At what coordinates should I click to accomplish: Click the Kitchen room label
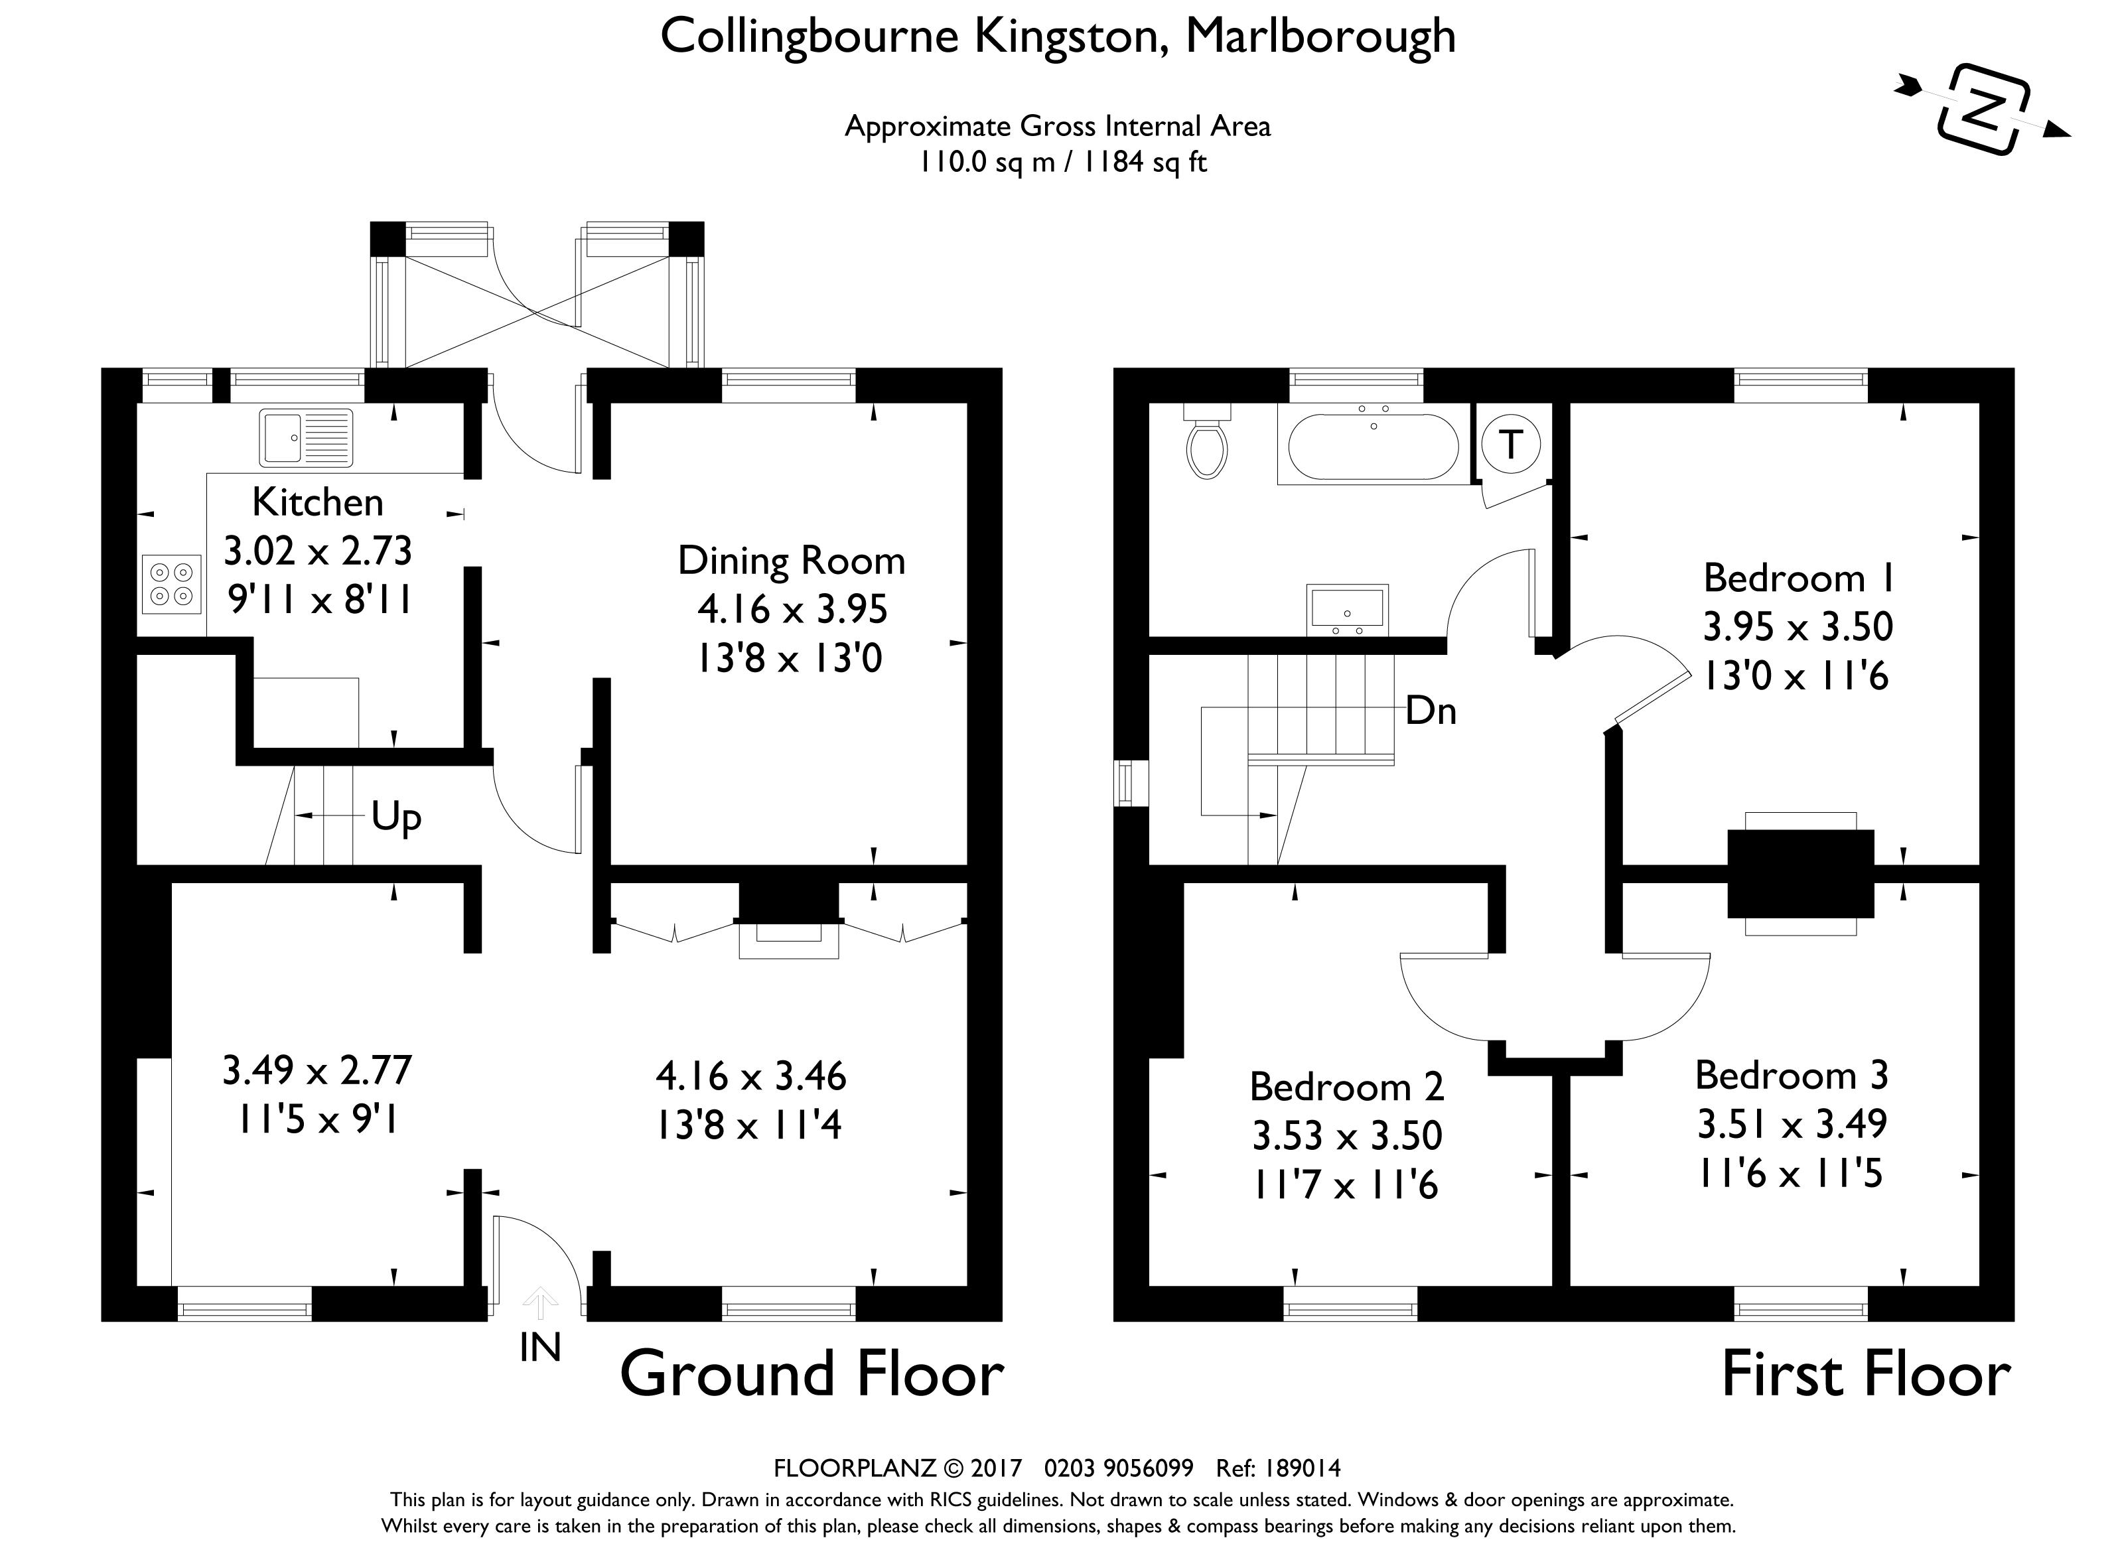pos(317,503)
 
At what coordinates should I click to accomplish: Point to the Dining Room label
pos(792,561)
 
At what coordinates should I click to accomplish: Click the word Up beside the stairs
pos(395,817)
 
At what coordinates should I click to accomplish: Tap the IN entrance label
pos(539,1348)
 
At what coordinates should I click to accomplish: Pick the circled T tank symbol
pos(1510,445)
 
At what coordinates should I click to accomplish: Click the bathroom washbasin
pos(1347,610)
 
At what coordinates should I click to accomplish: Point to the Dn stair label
pos(1431,711)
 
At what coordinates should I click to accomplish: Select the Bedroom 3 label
pos(1791,1076)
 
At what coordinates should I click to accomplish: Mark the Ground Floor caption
pos(811,1375)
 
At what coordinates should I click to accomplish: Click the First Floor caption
pos(1866,1375)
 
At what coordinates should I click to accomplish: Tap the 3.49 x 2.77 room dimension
pos(317,1071)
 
